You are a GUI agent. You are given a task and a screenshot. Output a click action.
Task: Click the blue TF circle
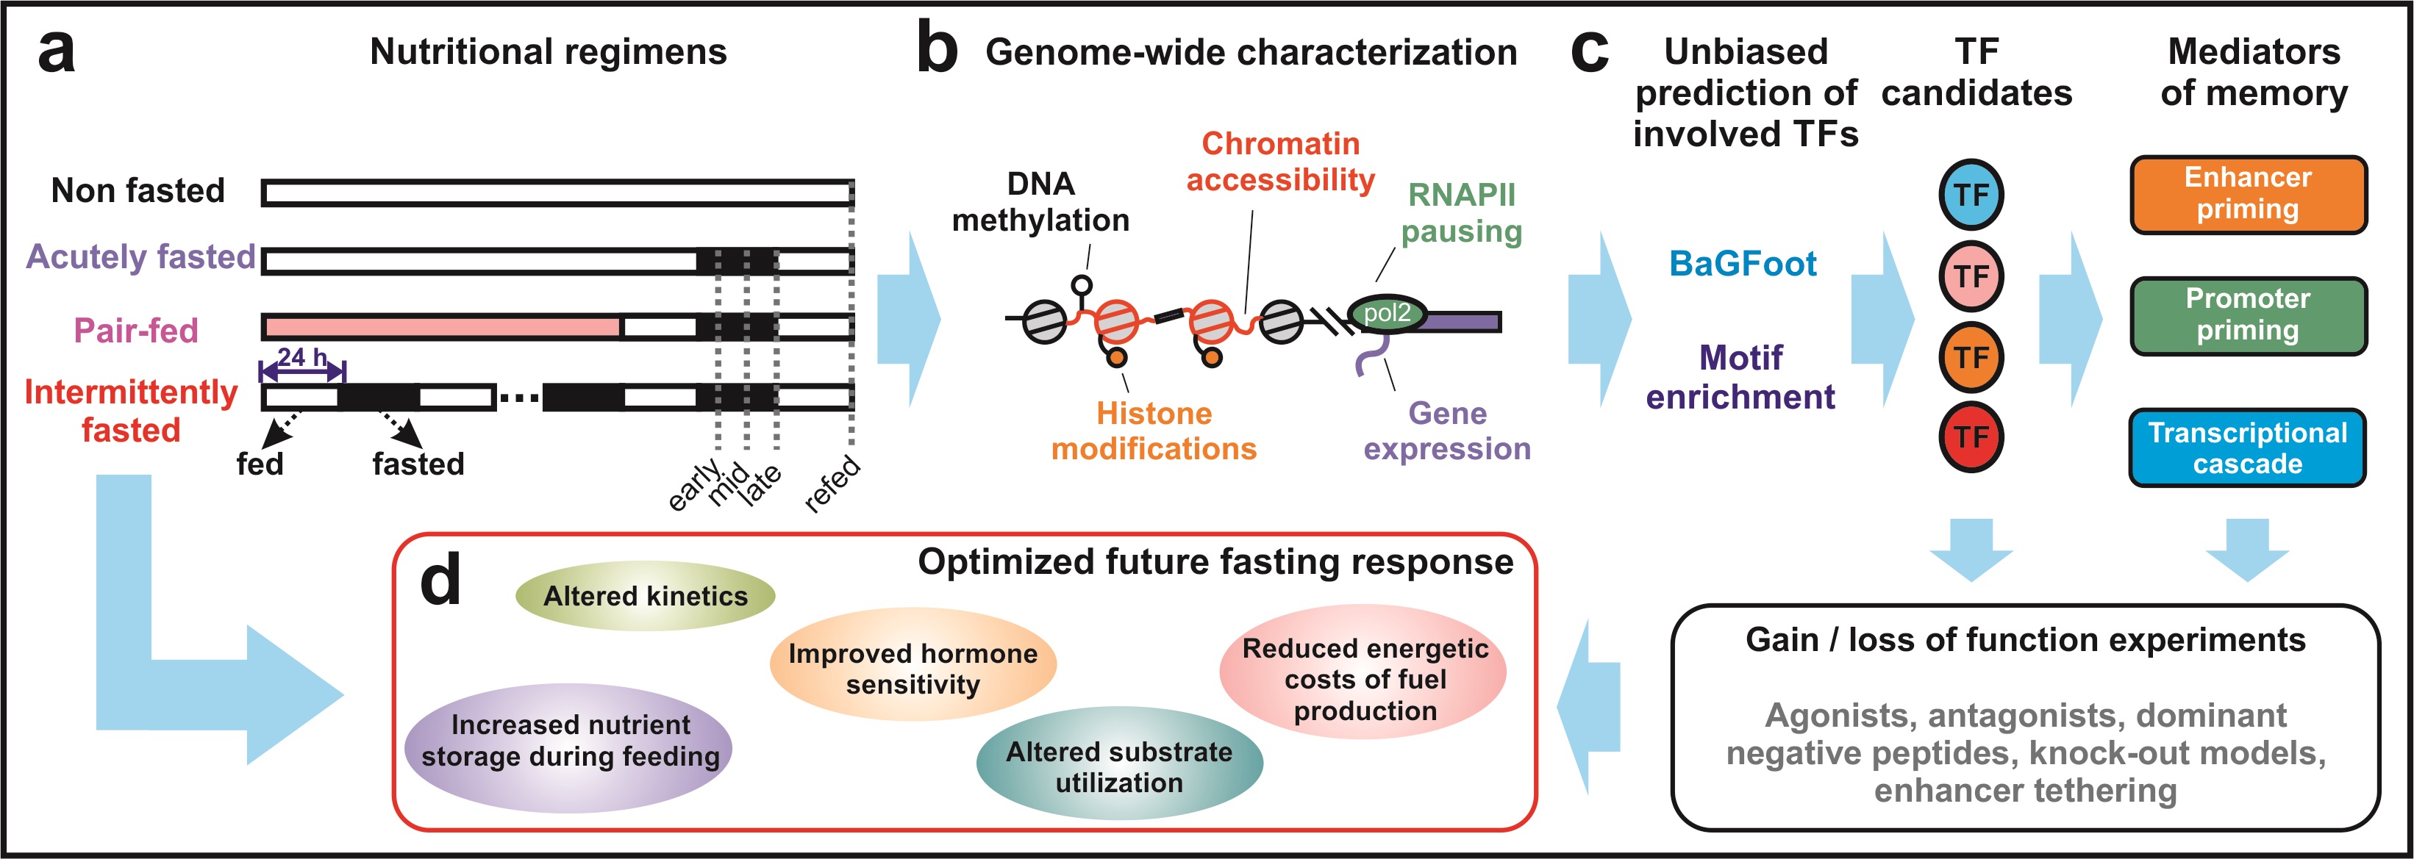(x=1971, y=195)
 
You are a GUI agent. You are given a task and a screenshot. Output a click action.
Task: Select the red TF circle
(x=1971, y=436)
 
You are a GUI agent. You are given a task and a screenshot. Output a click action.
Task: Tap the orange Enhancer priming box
(x=2247, y=194)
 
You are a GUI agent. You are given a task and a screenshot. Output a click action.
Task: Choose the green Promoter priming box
(x=2247, y=315)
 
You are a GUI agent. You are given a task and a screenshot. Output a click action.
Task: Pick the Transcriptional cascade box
(x=2247, y=448)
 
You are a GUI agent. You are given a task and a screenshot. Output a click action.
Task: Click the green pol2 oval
(x=1386, y=313)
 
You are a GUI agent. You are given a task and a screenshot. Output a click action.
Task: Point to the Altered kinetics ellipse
(x=645, y=596)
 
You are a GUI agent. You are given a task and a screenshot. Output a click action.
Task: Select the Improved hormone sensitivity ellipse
(x=913, y=668)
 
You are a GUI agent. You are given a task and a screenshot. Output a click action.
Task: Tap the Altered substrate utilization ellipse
(x=1119, y=766)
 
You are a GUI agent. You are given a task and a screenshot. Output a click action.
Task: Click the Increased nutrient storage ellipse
(x=570, y=741)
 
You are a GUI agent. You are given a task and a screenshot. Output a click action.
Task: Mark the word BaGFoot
(x=1742, y=264)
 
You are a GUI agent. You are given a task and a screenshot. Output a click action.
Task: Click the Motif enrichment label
(x=1740, y=378)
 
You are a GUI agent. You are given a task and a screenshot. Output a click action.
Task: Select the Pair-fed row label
(x=136, y=331)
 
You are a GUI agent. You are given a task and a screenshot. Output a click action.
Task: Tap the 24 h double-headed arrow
(x=303, y=372)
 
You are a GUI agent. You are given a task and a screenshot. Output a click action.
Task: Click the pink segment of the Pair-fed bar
(x=443, y=327)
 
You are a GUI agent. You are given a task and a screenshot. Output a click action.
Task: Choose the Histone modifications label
(x=1154, y=431)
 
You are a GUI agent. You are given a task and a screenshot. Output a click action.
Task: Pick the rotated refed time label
(x=832, y=483)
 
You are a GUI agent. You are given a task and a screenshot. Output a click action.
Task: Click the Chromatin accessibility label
(x=1280, y=161)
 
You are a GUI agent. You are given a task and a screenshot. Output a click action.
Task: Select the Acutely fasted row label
(x=140, y=256)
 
